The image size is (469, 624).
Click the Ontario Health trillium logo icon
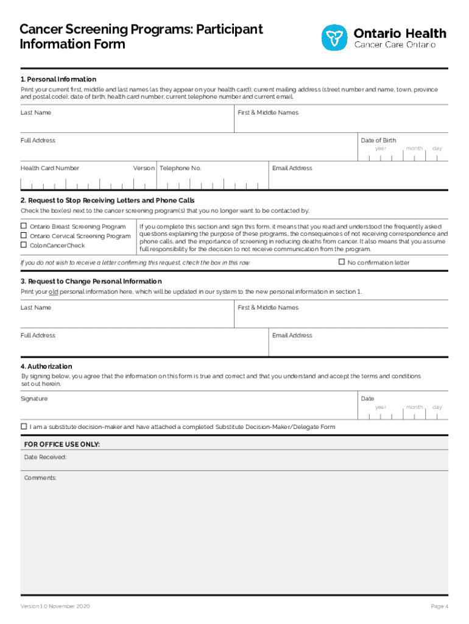tap(334, 38)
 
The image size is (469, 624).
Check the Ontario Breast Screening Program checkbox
tap(24, 227)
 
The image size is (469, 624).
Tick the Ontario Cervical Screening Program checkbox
tap(24, 236)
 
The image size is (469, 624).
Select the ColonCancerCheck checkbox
tap(24, 245)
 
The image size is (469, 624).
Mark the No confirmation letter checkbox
tap(342, 262)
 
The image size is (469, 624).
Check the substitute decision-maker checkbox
tap(24, 427)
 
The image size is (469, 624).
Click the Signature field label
tap(34, 399)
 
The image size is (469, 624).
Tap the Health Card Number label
tap(50, 168)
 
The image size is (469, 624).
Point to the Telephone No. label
tap(180, 168)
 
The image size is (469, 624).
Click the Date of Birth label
tap(378, 140)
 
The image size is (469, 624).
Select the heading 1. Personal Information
tap(58, 79)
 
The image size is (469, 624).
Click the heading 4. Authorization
tap(46, 366)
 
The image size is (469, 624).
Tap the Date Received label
tap(46, 457)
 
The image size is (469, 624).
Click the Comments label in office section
tap(40, 478)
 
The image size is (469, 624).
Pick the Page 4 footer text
tap(439, 606)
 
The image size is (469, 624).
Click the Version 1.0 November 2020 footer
tap(55, 606)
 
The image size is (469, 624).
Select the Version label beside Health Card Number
tap(144, 168)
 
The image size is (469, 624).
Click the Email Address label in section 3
tap(292, 335)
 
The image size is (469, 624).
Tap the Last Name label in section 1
tap(36, 113)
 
